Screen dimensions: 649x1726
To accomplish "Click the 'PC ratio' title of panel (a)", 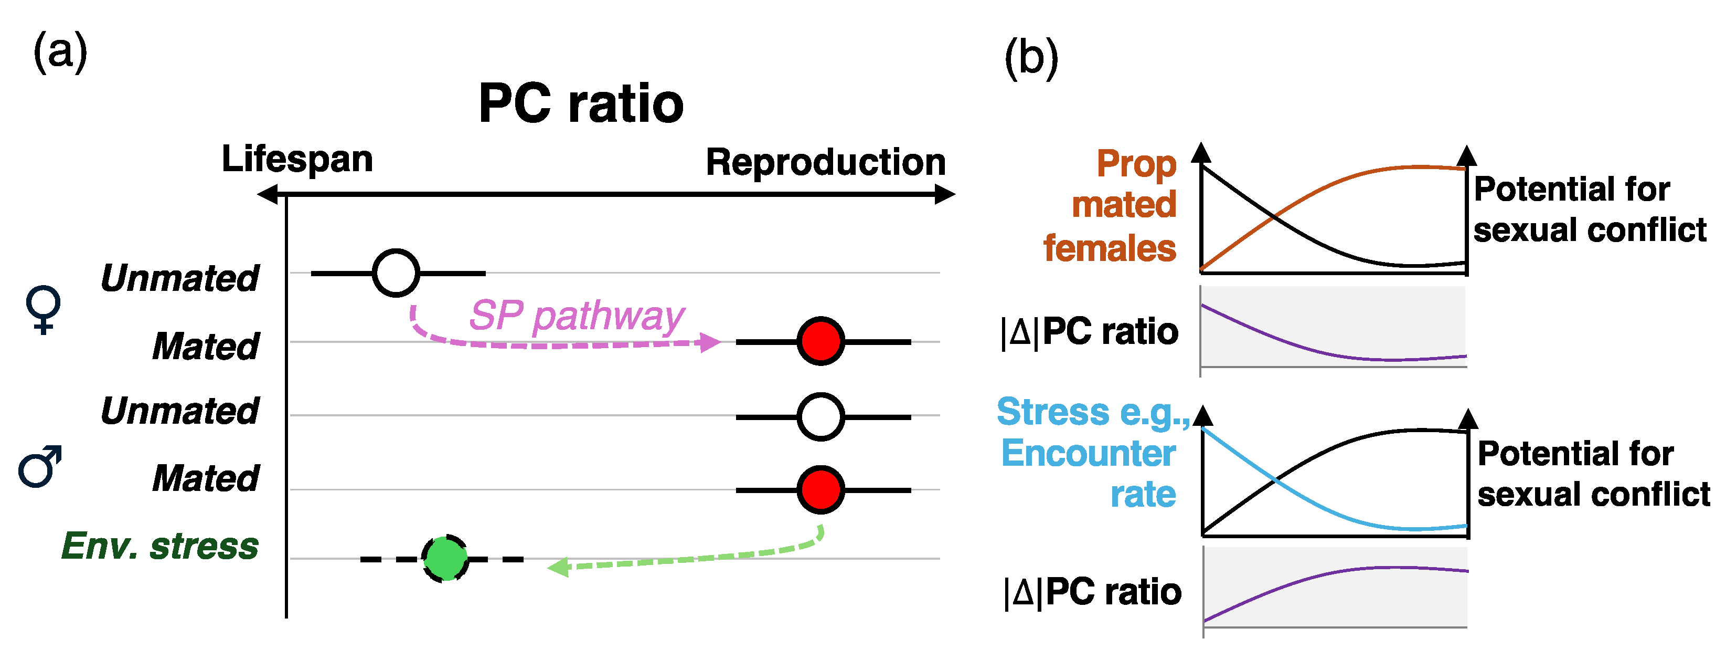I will (581, 104).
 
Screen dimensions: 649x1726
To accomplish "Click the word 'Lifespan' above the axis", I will (297, 160).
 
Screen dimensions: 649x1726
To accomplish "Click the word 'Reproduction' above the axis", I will (825, 162).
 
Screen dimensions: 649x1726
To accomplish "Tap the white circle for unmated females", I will (396, 273).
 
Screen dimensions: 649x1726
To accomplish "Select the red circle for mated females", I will (821, 341).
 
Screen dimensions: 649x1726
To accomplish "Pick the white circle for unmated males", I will (821, 416).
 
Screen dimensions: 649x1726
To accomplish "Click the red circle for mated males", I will (821, 490).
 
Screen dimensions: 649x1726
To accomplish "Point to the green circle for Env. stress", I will (445, 558).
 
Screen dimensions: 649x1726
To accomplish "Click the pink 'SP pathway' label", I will (576, 315).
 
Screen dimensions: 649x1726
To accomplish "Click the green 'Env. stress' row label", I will (159, 546).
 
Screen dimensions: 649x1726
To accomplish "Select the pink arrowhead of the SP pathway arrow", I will (710, 342).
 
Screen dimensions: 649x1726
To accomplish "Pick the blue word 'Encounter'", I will (1088, 453).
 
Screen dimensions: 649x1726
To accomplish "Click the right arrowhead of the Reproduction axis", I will (945, 194).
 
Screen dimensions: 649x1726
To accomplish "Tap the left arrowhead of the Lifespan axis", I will (268, 194).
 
